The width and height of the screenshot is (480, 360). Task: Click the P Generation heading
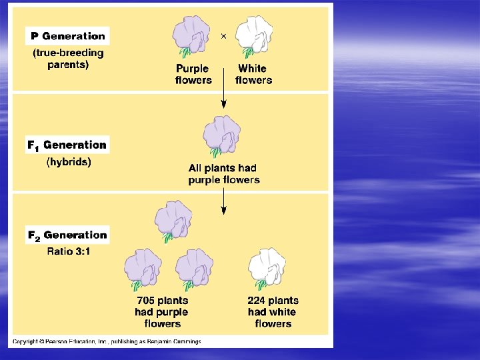click(68, 36)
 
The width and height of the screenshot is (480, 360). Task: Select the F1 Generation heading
click(67, 145)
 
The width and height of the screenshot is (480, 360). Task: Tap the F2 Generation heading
click(67, 235)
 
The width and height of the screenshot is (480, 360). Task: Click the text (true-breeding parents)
click(68, 59)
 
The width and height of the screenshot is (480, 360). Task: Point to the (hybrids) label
click(69, 162)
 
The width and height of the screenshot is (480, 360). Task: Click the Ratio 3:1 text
click(69, 251)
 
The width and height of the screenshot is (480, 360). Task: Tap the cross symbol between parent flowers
click(223, 36)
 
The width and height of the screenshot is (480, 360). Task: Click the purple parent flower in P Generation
click(192, 36)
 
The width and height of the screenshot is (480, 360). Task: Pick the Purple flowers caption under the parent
click(193, 74)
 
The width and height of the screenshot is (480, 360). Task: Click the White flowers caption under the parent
click(253, 74)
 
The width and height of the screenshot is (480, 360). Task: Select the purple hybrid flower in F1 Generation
click(222, 135)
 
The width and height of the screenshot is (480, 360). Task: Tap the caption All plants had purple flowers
click(223, 174)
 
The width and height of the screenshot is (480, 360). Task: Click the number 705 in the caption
click(147, 301)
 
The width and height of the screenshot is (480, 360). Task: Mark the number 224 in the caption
click(257, 301)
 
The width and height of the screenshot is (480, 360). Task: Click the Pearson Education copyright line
click(107, 341)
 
